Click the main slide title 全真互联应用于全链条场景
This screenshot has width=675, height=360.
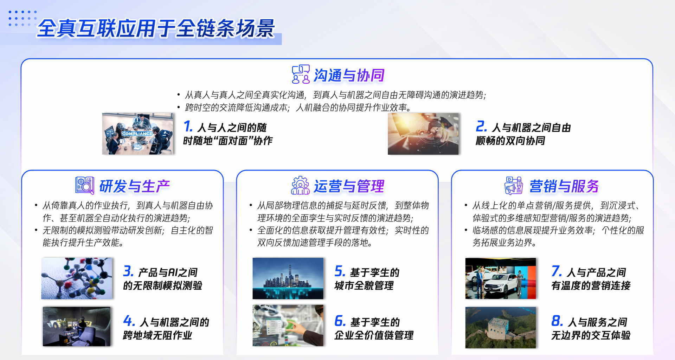[156, 28]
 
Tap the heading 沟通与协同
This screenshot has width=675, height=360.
[349, 75]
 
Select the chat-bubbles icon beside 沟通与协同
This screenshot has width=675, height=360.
[301, 74]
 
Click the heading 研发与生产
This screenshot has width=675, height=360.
[134, 186]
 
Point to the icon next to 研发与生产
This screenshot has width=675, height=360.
[85, 185]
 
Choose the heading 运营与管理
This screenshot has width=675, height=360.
[349, 186]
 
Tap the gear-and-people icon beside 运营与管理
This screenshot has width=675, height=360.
[300, 185]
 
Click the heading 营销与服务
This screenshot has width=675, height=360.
[564, 186]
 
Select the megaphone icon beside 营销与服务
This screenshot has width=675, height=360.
[514, 185]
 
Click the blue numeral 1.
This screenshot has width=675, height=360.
[188, 127]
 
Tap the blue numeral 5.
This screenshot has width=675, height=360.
[340, 271]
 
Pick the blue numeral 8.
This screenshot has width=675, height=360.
[557, 321]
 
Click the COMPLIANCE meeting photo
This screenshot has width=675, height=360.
[138, 134]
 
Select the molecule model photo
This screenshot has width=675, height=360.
[77, 278]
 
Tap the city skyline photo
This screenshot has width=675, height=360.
[288, 278]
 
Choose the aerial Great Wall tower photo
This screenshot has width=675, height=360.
[501, 328]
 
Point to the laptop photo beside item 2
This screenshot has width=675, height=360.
[423, 134]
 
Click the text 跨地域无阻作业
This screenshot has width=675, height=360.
[157, 335]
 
